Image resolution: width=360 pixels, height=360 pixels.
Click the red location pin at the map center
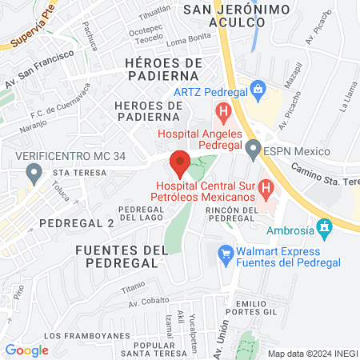point(180,162)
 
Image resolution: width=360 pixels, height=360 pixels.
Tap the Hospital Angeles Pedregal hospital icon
point(224,110)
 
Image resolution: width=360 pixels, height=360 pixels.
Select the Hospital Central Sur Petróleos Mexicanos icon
point(268,187)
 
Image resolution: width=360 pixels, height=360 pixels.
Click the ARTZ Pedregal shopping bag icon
point(258,89)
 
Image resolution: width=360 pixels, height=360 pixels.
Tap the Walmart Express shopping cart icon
point(226,253)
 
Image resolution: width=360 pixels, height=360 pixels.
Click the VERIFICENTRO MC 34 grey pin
point(34,171)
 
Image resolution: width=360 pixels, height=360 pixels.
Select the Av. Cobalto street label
point(149,302)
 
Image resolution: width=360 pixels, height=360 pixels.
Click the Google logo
point(27,350)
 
